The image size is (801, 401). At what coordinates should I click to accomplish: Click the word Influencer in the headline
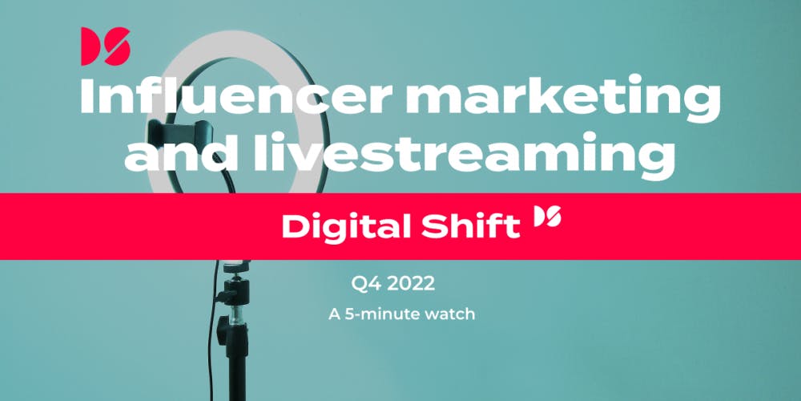[236, 98]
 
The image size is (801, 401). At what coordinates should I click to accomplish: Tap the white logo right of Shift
[547, 217]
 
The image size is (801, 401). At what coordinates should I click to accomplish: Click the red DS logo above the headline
[106, 46]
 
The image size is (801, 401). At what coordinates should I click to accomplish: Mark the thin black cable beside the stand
[211, 333]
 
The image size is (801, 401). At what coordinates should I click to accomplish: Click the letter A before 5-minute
[335, 314]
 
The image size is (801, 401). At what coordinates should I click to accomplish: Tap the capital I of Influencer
[86, 98]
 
